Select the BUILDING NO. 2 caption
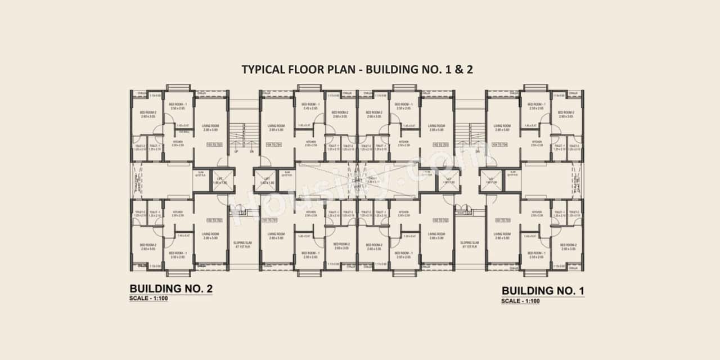click(170, 289)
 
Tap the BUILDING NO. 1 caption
click(543, 291)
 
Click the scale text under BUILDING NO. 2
click(148, 298)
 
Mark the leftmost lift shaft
click(219, 180)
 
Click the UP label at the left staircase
click(236, 152)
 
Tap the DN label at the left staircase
click(251, 152)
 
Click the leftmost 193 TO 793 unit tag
click(214, 145)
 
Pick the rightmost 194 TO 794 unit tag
click(500, 145)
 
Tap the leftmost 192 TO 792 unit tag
click(214, 220)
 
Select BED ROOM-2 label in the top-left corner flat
click(147, 114)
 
